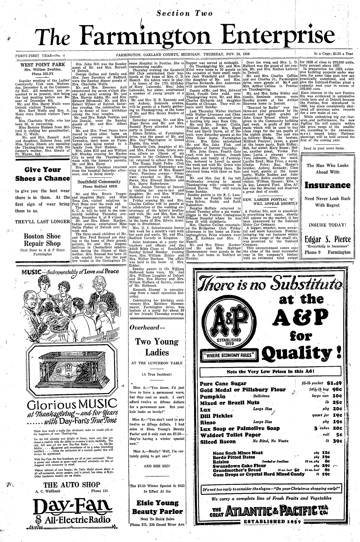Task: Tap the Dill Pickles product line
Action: pyautogui.click(x=216, y=415)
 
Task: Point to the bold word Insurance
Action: pyautogui.click(x=327, y=185)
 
